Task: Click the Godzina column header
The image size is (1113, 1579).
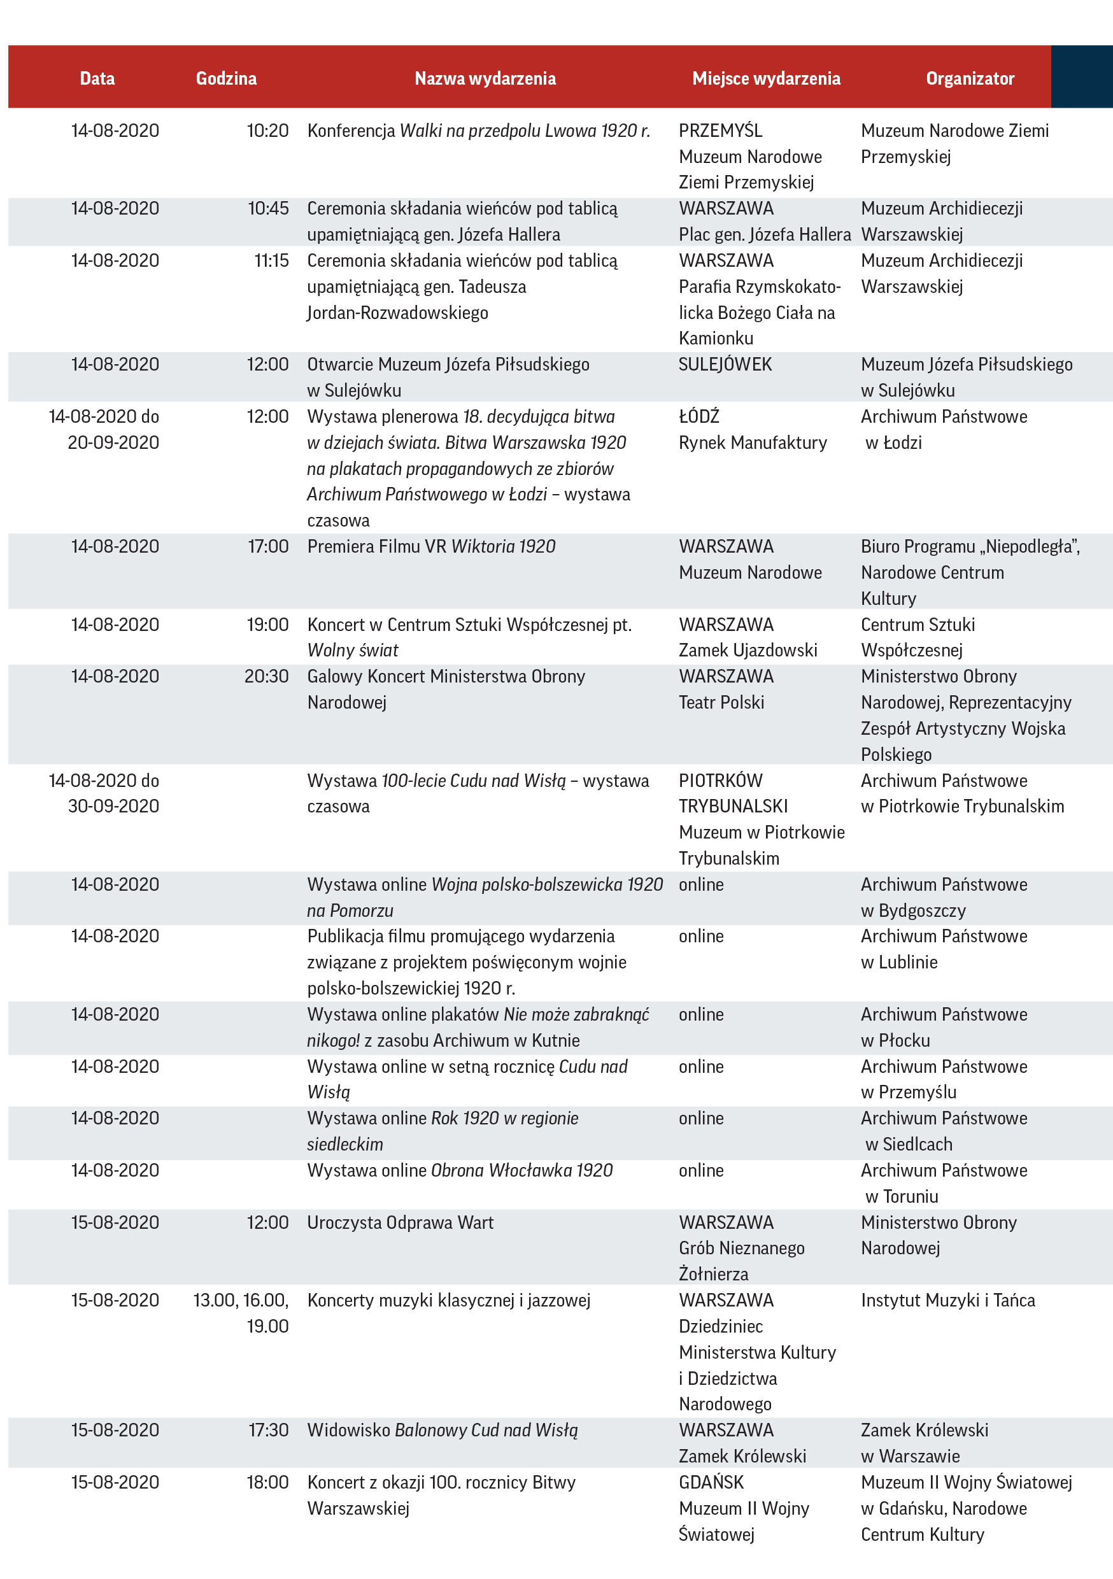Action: pyautogui.click(x=225, y=78)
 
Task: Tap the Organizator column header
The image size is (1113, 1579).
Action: pyautogui.click(x=969, y=78)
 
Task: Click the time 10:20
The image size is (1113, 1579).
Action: pyautogui.click(x=267, y=131)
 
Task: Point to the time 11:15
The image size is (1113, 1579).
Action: pyautogui.click(x=271, y=260)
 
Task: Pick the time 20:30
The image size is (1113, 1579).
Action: pyautogui.click(x=266, y=676)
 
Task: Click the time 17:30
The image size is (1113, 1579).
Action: pyautogui.click(x=268, y=1430)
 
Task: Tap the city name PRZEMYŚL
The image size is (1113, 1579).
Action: pyautogui.click(x=720, y=131)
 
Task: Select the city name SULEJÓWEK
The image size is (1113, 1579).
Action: pyautogui.click(x=725, y=364)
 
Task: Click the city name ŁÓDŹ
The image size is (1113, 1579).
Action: pyautogui.click(x=699, y=417)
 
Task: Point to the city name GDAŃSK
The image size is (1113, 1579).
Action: pyautogui.click(x=711, y=1482)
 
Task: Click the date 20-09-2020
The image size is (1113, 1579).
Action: pyautogui.click(x=113, y=443)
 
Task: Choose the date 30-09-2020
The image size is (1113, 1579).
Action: pyautogui.click(x=113, y=806)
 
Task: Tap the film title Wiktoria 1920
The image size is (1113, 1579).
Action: pyautogui.click(x=503, y=547)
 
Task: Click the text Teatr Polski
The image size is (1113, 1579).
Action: pyautogui.click(x=721, y=702)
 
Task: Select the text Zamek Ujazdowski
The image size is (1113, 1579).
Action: pyautogui.click(x=748, y=650)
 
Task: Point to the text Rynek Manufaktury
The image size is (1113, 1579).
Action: pyautogui.click(x=753, y=443)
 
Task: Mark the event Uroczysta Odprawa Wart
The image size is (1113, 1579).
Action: pyautogui.click(x=401, y=1222)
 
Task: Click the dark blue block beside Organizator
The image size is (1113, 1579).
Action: pyautogui.click(x=1081, y=77)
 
